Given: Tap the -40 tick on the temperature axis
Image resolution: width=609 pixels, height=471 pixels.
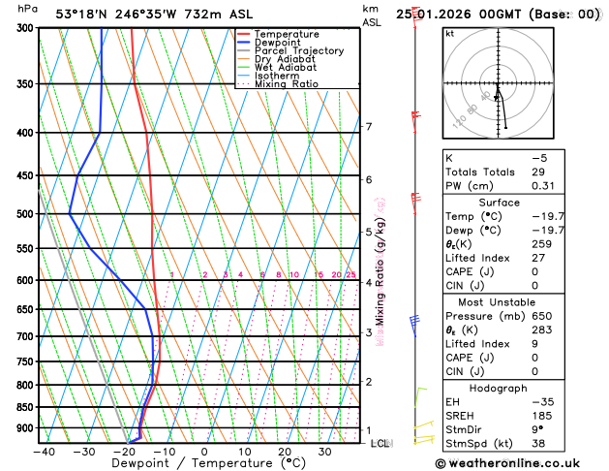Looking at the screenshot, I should [x=44, y=451].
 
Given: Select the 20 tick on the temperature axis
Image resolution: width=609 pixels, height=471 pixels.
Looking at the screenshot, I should [x=285, y=451].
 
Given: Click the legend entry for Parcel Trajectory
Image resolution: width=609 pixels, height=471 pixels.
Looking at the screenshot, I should [x=302, y=50].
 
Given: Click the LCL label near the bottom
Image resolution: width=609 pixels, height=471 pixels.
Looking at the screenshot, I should [x=381, y=443].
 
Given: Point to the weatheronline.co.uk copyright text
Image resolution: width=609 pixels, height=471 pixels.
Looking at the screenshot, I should [x=523, y=464].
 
